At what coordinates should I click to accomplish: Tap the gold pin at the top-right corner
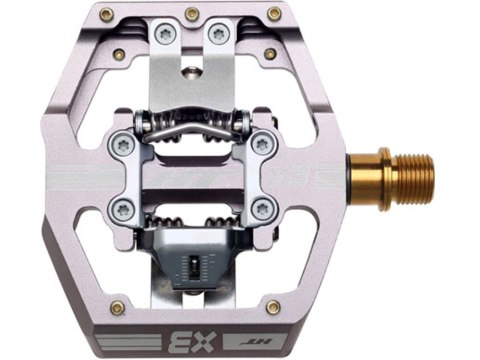tap(270, 14)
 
